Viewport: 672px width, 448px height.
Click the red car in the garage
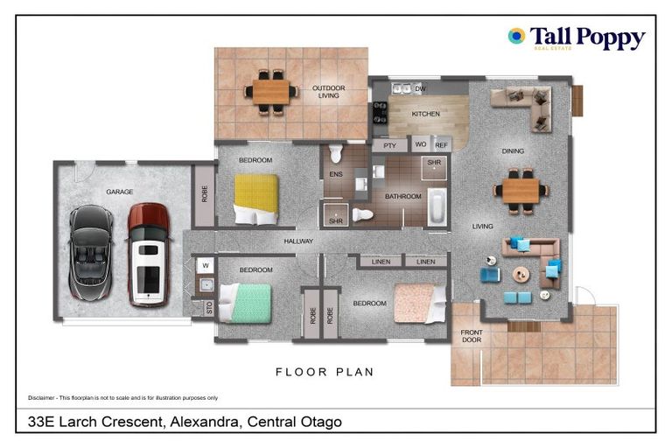pyautogui.click(x=148, y=255)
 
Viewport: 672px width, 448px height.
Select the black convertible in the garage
pyautogui.click(x=90, y=255)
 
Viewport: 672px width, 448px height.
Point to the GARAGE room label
pyautogui.click(x=119, y=191)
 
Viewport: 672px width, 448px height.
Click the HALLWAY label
pyautogui.click(x=299, y=241)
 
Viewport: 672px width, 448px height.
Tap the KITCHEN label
pyautogui.click(x=426, y=114)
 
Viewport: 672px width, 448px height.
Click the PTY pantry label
pyautogui.click(x=390, y=145)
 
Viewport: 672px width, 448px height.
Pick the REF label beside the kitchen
pyautogui.click(x=441, y=145)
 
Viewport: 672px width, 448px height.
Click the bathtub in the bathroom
pyautogui.click(x=437, y=209)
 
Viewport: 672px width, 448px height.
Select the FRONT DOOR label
pyautogui.click(x=472, y=335)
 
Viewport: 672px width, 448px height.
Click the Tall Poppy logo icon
pyautogui.click(x=516, y=36)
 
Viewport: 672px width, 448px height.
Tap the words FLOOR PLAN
pyautogui.click(x=325, y=372)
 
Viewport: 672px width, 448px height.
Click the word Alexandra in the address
pyautogui.click(x=202, y=423)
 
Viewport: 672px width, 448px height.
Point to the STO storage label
pyautogui.click(x=208, y=307)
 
